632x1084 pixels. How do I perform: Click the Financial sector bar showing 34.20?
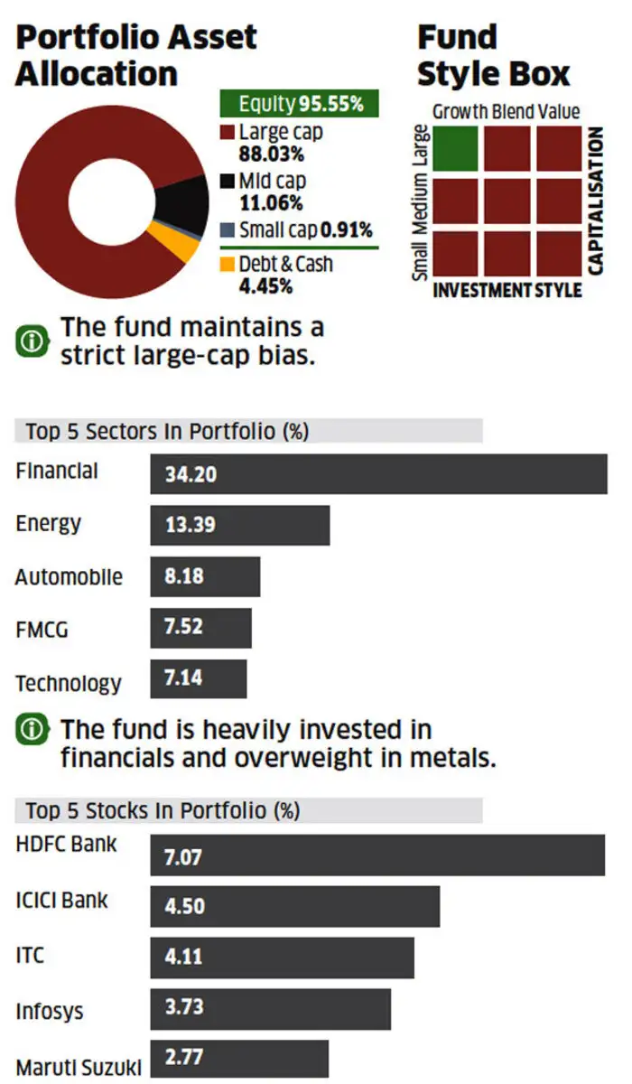click(378, 473)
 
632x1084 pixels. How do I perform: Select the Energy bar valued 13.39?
click(239, 525)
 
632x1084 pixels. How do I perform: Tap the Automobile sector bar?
click(205, 576)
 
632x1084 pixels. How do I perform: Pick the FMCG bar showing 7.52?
click(200, 628)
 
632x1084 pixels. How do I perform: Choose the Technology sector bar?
click(198, 678)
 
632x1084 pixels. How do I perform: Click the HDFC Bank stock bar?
click(376, 855)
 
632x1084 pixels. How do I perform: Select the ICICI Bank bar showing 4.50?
click(294, 906)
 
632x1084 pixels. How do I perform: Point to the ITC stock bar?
click(282, 958)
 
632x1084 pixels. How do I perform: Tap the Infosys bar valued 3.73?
click(270, 1008)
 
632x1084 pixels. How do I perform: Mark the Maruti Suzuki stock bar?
click(239, 1059)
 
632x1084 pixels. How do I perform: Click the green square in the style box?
click(455, 149)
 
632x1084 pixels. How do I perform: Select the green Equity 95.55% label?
click(300, 104)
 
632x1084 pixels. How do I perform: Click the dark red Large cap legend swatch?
click(228, 134)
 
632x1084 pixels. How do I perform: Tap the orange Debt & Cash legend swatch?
click(228, 265)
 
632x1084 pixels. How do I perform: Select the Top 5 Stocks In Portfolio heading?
click(163, 810)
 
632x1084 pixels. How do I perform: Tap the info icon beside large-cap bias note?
click(32, 341)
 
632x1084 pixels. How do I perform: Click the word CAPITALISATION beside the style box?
click(595, 201)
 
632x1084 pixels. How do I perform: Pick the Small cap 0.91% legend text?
click(305, 230)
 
